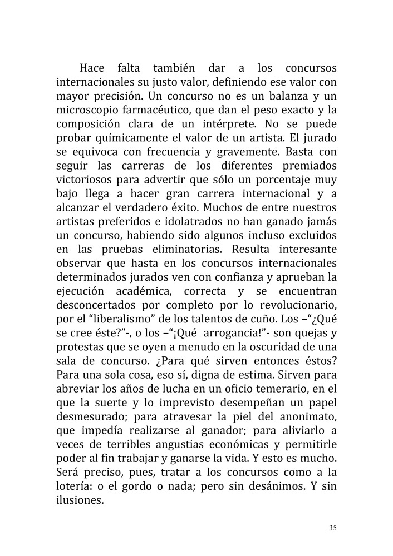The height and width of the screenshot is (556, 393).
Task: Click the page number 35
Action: pyautogui.click(x=333, y=528)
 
